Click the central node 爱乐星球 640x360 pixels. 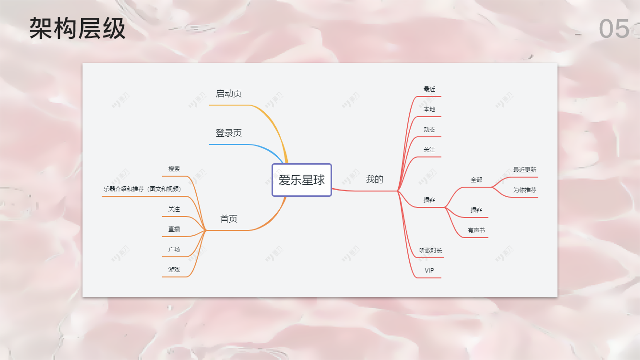(x=302, y=180)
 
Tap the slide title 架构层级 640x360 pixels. (x=77, y=28)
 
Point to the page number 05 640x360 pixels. (x=614, y=29)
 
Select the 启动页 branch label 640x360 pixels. (x=228, y=94)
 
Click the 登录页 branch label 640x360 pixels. (x=228, y=133)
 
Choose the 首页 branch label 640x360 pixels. (x=228, y=219)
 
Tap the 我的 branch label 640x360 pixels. (x=375, y=180)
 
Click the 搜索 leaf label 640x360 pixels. (x=174, y=169)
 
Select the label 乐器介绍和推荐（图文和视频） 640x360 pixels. (x=143, y=189)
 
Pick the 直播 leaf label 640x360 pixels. (x=174, y=229)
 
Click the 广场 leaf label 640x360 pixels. (x=174, y=250)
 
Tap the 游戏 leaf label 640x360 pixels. (x=174, y=270)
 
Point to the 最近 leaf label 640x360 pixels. (x=429, y=89)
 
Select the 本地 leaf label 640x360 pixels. (x=429, y=109)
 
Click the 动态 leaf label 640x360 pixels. (x=429, y=130)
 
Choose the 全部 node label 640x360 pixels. (x=476, y=180)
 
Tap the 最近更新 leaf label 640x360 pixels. (x=525, y=170)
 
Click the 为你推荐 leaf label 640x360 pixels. (x=525, y=190)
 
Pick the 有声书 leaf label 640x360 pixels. (x=476, y=230)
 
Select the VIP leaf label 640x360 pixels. (x=429, y=271)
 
